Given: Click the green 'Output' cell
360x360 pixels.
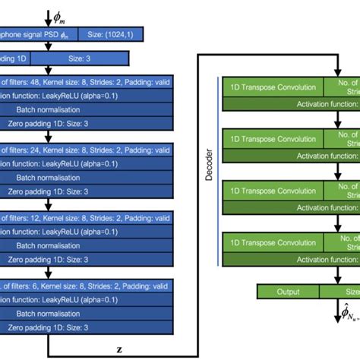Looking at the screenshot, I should pos(289,270).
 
